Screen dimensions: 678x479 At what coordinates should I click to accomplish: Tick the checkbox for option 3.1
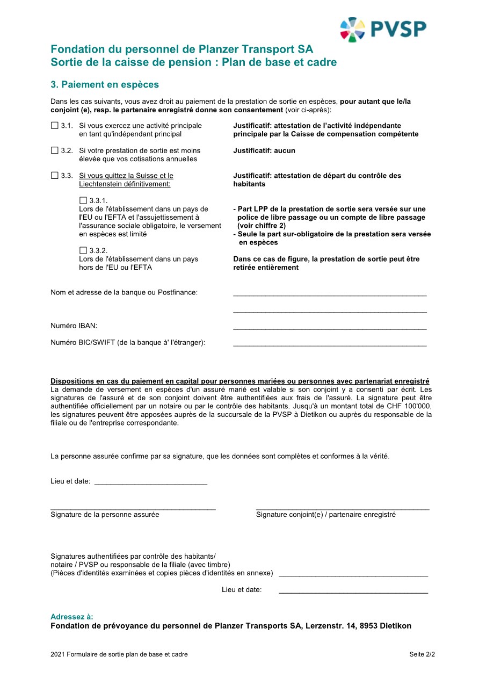click(54, 126)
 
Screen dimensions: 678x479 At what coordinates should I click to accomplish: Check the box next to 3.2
click(54, 150)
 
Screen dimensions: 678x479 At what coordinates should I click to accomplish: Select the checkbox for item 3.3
click(54, 176)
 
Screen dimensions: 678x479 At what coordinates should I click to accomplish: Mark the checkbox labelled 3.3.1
click(83, 200)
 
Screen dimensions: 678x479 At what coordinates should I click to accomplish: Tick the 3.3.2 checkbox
click(83, 250)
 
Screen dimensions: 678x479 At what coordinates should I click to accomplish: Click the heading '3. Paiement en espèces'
click(105, 85)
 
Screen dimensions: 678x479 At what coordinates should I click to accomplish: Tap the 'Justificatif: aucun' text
click(264, 151)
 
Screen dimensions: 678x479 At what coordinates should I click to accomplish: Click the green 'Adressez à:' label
click(71, 617)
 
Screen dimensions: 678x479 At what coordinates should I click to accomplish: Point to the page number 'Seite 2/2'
click(422, 654)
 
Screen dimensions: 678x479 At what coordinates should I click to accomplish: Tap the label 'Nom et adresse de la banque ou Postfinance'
click(124, 292)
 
